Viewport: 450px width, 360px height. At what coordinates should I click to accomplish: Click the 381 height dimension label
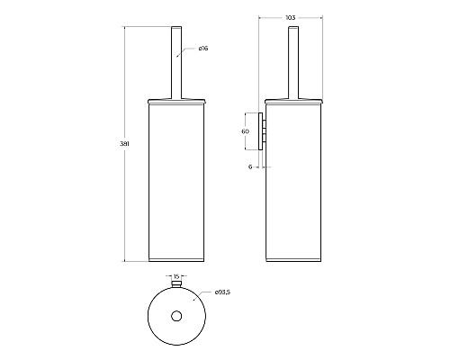(x=124, y=144)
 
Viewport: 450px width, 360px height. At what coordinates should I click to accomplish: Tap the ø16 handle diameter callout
(x=203, y=49)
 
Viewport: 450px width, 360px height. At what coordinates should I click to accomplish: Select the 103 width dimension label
(x=291, y=18)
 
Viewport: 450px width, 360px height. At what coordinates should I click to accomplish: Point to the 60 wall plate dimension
(x=245, y=131)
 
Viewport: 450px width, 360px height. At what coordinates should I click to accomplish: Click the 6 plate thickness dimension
(x=250, y=167)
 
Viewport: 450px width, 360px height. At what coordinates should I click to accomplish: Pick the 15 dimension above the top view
(x=176, y=276)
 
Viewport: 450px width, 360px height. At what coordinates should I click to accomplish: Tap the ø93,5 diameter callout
(x=222, y=292)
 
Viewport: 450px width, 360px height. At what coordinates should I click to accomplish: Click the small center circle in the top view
(x=176, y=316)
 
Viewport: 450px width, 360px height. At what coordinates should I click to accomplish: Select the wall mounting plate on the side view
(x=261, y=131)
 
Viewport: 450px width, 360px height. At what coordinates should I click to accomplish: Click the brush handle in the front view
(x=176, y=62)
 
